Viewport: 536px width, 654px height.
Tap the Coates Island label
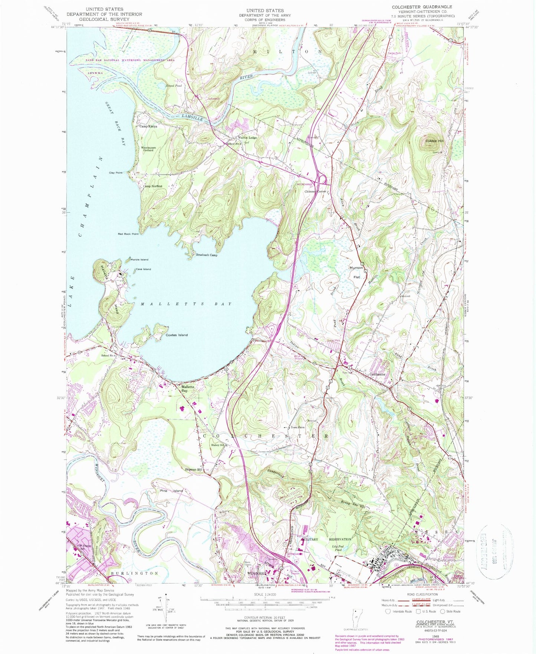pos(177,335)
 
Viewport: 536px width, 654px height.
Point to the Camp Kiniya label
pos(148,126)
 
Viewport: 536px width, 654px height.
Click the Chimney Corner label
pos(315,192)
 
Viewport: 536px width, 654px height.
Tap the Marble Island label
pos(139,260)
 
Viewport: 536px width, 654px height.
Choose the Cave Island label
pos(143,269)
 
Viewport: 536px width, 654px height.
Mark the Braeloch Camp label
pos(207,255)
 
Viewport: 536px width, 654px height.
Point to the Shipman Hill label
pos(194,470)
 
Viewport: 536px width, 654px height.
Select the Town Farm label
pos(297,427)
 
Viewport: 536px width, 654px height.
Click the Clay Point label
pos(116,173)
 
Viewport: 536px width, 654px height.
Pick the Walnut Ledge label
pos(247,137)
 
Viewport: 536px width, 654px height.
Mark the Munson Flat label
pos(356,272)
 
